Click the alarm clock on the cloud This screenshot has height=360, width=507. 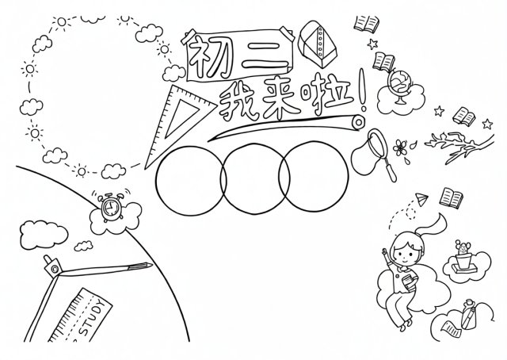click(111, 205)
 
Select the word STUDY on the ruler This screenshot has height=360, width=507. click(93, 319)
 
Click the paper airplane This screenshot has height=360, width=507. click(421, 199)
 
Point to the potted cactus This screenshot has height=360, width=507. click(463, 256)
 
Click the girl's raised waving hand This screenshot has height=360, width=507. click(385, 252)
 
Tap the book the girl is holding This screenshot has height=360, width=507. click(408, 281)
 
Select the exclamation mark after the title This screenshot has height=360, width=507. click(363, 91)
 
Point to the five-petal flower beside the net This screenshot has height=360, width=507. click(400, 147)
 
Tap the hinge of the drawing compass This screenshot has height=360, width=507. click(54, 268)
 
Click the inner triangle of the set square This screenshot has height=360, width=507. click(182, 117)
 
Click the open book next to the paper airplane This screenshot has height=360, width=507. click(451, 197)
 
